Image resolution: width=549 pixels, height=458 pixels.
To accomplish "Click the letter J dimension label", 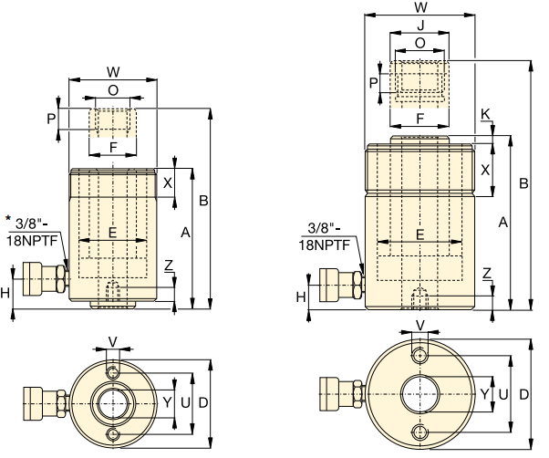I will [x=420, y=27].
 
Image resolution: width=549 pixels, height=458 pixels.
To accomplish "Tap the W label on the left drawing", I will [x=113, y=70].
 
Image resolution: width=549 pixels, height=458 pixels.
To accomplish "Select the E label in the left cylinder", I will [x=113, y=233].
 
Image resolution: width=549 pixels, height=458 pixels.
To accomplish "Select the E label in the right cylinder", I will [x=420, y=234].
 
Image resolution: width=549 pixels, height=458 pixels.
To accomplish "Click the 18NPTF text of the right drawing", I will [x=326, y=244].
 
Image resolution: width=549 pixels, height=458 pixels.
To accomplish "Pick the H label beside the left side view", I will [x=6, y=292].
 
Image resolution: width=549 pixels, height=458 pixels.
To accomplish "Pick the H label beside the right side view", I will [x=301, y=295].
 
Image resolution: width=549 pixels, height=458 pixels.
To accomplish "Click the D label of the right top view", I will [x=523, y=394].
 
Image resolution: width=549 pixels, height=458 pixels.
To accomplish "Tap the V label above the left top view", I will [x=112, y=342].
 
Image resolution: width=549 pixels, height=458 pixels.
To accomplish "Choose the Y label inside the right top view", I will [x=484, y=394].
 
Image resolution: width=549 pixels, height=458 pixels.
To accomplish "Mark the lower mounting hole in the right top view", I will [x=420, y=431].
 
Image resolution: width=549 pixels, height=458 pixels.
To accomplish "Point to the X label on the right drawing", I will [x=484, y=170].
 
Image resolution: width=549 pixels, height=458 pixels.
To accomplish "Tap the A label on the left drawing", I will [x=185, y=234].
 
